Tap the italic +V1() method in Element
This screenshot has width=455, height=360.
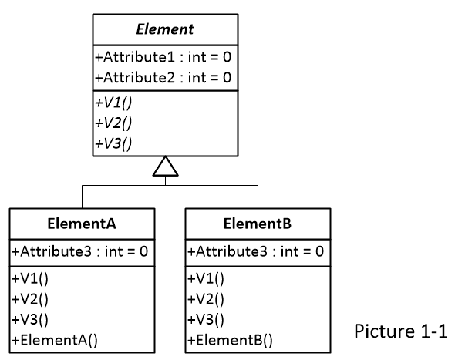point(110,102)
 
